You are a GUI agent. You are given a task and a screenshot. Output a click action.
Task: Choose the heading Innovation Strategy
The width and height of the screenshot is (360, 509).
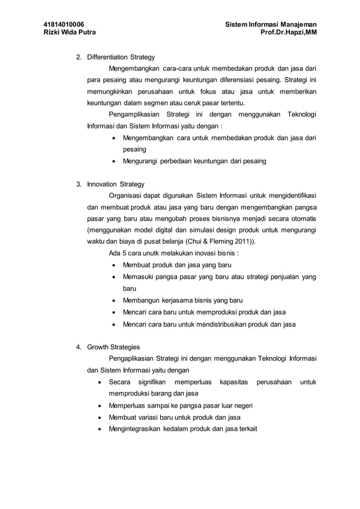[x=116, y=184]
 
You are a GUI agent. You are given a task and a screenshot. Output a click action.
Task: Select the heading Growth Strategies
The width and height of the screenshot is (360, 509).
[x=113, y=347]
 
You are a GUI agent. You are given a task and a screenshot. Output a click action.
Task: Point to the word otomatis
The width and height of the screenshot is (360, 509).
[x=302, y=218]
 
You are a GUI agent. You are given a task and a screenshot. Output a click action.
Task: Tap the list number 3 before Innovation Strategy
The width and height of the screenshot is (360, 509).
[x=78, y=184]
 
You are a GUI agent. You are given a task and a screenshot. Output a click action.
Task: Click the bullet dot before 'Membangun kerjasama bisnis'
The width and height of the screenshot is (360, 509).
[x=115, y=301]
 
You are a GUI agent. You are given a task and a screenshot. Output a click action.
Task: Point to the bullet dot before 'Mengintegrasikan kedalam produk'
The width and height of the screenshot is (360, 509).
[x=100, y=429]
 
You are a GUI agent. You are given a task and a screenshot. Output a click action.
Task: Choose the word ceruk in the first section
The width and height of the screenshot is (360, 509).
[x=187, y=103]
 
